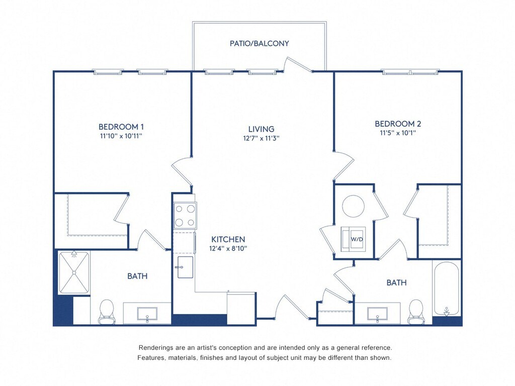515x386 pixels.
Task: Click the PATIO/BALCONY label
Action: click(259, 43)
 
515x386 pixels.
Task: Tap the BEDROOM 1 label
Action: click(121, 127)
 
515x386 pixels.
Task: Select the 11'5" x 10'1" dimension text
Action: click(398, 133)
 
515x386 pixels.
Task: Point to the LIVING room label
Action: click(261, 129)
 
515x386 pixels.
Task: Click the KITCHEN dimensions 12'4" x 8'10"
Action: click(228, 248)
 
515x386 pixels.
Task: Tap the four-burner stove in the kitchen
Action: click(185, 215)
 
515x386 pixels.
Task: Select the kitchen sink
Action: click(185, 267)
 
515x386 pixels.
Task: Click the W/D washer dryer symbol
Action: click(353, 239)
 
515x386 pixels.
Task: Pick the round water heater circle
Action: click(353, 206)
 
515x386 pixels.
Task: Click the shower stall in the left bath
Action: click(74, 272)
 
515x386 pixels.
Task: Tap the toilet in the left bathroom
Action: click(107, 311)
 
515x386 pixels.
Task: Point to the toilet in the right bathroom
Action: click(416, 312)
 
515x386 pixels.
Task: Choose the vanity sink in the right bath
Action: click(377, 314)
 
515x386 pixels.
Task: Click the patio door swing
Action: click(297, 64)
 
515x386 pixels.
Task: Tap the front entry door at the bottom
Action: click(291, 307)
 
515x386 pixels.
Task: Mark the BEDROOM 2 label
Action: click(398, 124)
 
